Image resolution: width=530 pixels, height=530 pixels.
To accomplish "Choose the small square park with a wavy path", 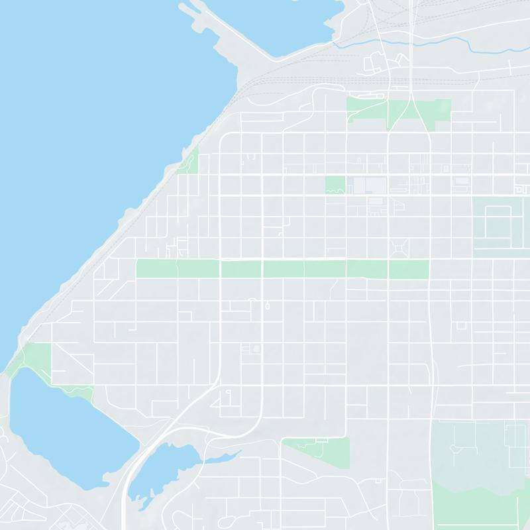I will pyautogui.click(x=335, y=185).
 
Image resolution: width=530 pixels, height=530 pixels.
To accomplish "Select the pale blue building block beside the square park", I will pyautogui.click(x=367, y=185).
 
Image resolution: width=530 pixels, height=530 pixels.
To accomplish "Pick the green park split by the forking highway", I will pyautogui.click(x=397, y=111).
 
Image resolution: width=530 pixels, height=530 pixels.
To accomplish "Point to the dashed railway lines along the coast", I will pyautogui.click(x=219, y=113).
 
